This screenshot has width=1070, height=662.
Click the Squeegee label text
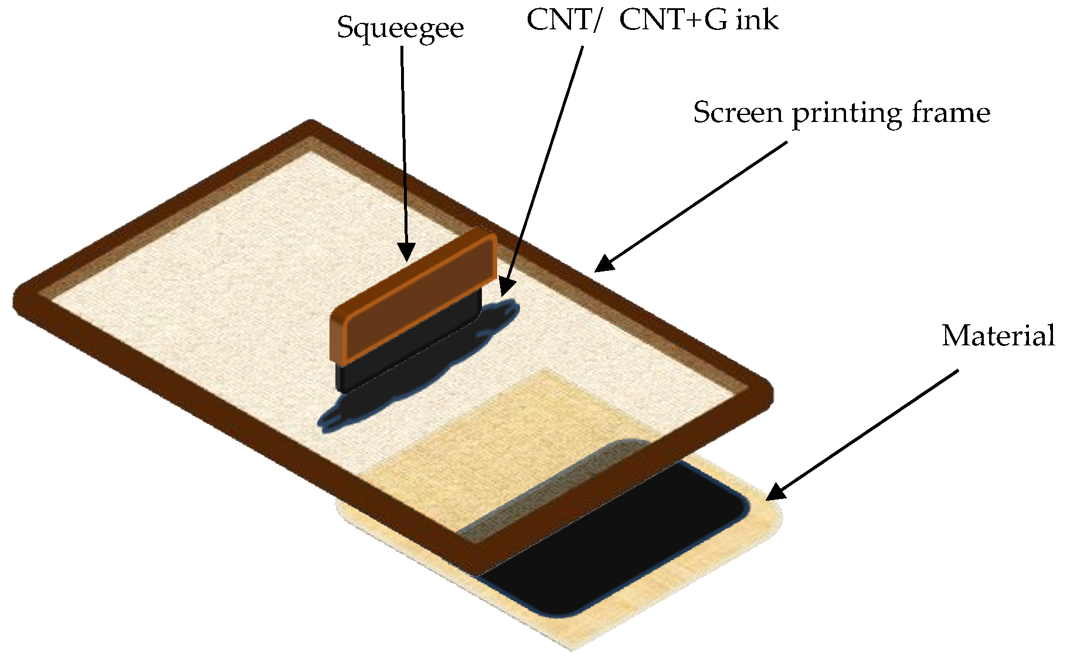(x=400, y=28)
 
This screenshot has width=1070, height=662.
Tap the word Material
(x=998, y=336)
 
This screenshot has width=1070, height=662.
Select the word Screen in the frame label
(x=738, y=112)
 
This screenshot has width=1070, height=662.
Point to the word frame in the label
(x=950, y=112)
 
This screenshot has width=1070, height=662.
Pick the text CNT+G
(x=674, y=20)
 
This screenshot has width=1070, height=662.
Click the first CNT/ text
(x=562, y=20)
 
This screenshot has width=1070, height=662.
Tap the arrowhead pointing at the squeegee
(x=406, y=253)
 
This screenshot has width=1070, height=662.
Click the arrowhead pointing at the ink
(x=506, y=287)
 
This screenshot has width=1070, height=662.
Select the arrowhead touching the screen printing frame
(x=604, y=264)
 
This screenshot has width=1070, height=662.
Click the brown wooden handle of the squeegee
(x=413, y=293)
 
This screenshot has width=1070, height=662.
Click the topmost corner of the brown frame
(x=311, y=127)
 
